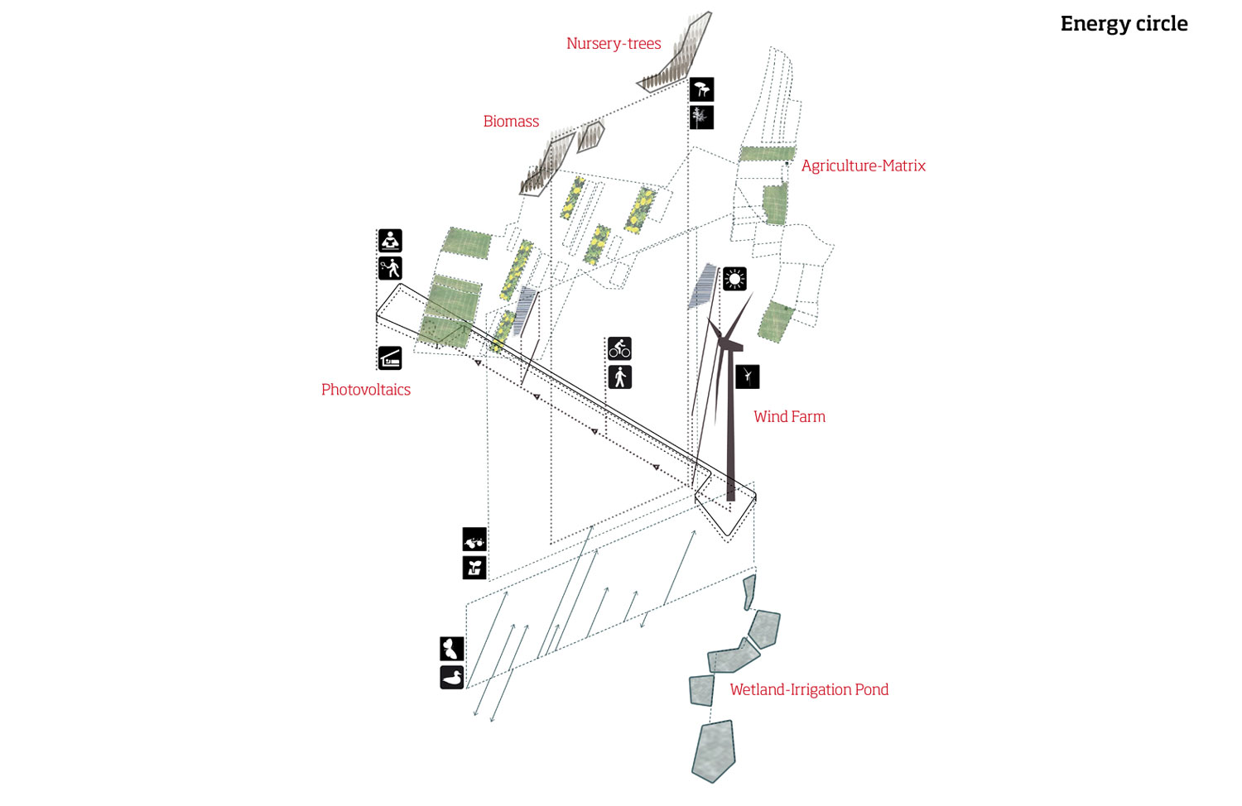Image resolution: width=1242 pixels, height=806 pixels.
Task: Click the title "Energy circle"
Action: click(1124, 24)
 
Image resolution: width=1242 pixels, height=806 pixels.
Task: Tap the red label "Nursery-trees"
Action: click(614, 44)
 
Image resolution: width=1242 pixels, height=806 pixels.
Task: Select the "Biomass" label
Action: click(511, 122)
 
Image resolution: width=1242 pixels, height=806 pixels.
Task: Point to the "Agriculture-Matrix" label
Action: click(863, 166)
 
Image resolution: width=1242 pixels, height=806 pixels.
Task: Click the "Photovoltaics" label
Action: click(366, 390)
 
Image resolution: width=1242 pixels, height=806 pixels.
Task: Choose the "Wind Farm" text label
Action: click(789, 417)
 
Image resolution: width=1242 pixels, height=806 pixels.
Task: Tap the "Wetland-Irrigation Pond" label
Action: click(809, 690)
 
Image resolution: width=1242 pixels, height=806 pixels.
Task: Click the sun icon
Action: click(734, 279)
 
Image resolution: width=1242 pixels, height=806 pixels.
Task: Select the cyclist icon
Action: click(619, 348)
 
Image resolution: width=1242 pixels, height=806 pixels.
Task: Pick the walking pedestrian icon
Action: click(619, 377)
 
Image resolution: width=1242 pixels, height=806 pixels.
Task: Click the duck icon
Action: click(451, 677)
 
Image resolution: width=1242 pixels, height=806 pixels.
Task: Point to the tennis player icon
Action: click(390, 268)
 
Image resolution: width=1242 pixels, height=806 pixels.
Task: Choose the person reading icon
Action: click(390, 240)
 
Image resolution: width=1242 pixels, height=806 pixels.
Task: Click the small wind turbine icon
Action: click(747, 377)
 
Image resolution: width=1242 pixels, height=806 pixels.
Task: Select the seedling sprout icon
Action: click(474, 568)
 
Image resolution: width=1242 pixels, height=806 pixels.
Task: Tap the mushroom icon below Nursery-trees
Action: click(701, 89)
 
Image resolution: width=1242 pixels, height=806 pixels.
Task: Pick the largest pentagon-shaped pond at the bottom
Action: click(714, 750)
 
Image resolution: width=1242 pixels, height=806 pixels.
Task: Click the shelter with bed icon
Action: click(390, 357)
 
